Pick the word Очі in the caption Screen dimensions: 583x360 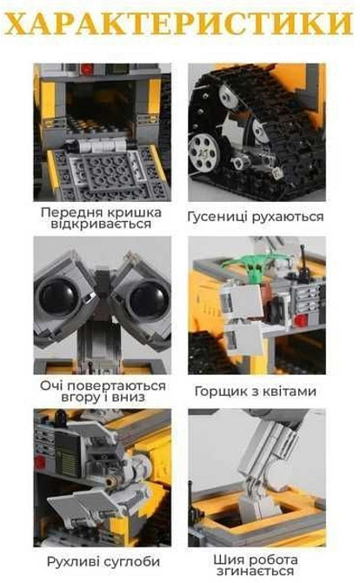click(x=55, y=384)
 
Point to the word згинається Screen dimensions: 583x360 click(x=257, y=572)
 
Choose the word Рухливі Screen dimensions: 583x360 click(x=72, y=562)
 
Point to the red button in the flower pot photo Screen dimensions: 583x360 click(x=302, y=320)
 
